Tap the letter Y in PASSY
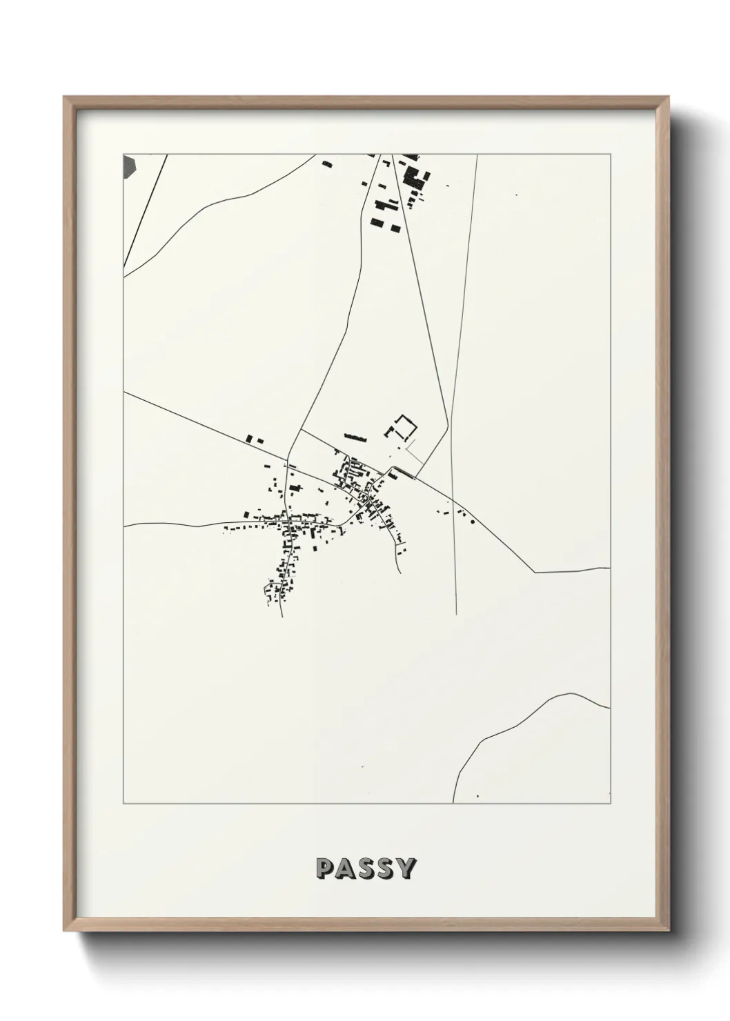click(x=405, y=869)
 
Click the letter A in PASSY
click(x=345, y=869)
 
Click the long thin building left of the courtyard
click(x=355, y=437)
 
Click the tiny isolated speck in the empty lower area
click(x=362, y=766)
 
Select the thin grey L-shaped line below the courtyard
click(x=413, y=454)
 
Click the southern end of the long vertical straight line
click(x=456, y=613)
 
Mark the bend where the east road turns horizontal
click(x=535, y=572)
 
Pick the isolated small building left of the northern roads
click(x=326, y=163)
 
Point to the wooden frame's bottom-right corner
click(x=668, y=931)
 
